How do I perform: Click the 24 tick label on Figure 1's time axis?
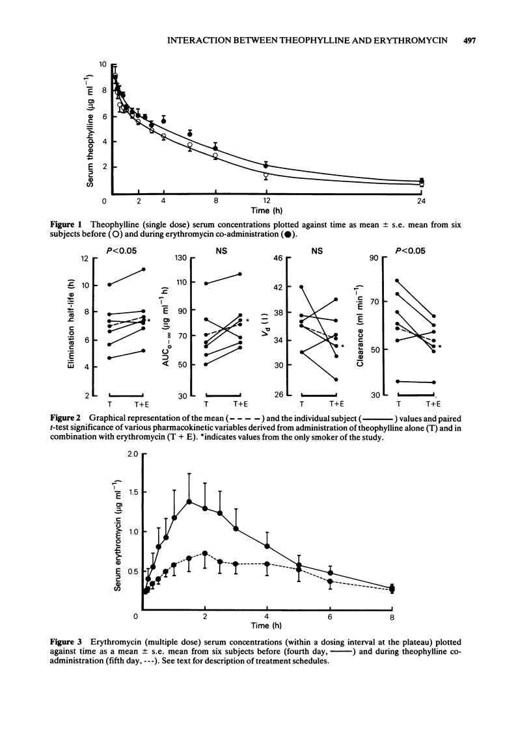[422, 200]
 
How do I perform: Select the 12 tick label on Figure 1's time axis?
[267, 200]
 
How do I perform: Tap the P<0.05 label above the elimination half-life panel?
[124, 248]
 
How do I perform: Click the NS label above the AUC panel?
[223, 248]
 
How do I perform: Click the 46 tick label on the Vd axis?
[279, 258]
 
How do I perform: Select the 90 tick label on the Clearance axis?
[374, 258]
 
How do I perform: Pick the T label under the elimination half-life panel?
[109, 405]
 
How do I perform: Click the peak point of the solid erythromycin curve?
[189, 501]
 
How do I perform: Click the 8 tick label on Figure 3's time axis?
[392, 617]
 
